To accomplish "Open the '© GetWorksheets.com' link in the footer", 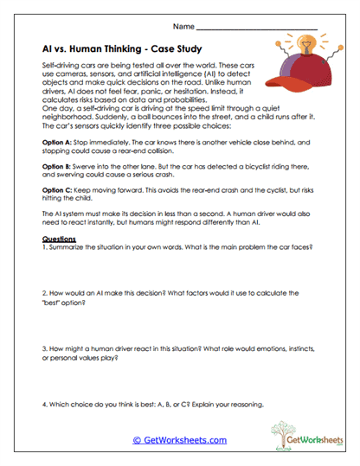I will pyautogui.click(x=179, y=440).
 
